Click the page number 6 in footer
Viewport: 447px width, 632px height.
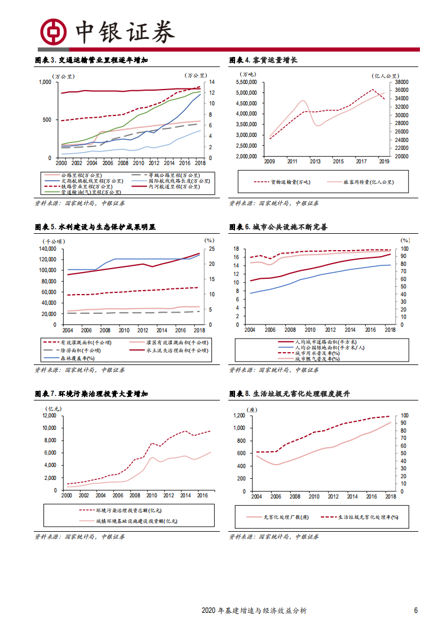(416, 611)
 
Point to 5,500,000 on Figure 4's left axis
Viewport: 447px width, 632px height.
(246, 82)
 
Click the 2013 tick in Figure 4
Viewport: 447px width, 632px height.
(313, 162)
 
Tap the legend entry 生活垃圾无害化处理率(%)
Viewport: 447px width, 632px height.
(367, 517)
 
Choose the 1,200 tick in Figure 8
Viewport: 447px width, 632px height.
(238, 416)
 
